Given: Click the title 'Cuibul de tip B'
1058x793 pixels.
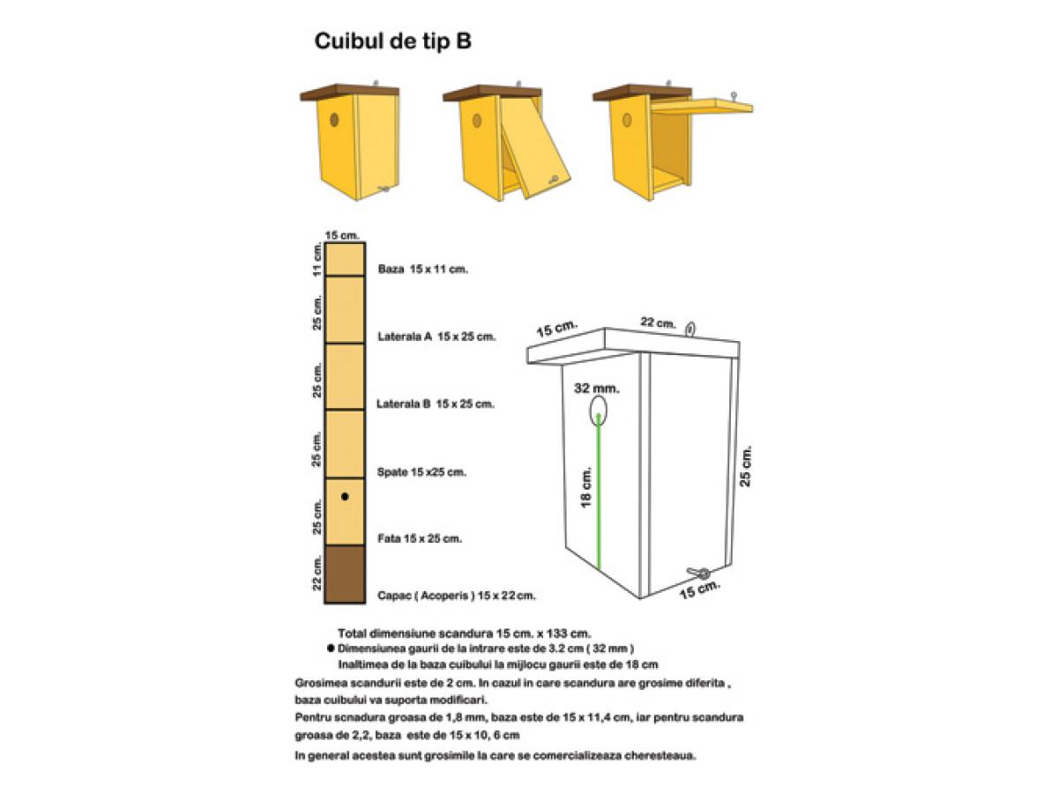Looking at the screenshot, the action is click(x=392, y=41).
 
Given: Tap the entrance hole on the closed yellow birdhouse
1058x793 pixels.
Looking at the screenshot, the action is click(x=333, y=120).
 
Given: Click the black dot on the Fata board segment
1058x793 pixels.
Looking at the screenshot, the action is click(x=344, y=496).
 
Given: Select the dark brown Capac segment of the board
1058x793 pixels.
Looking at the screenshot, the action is click(x=344, y=574).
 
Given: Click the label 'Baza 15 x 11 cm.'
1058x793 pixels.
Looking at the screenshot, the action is click(x=422, y=269).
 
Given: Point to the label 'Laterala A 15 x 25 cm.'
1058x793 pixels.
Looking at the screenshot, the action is click(x=436, y=337).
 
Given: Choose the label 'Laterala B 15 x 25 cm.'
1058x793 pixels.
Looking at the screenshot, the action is click(x=436, y=404).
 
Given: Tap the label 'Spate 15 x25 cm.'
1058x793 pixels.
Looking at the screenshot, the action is click(x=421, y=472).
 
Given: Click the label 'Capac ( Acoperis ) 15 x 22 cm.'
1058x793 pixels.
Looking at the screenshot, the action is click(x=456, y=596).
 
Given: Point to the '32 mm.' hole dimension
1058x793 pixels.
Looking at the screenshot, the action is click(x=597, y=388).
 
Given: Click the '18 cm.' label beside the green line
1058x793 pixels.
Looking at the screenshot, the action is click(x=585, y=487).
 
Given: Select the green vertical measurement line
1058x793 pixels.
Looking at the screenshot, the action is click(x=599, y=491).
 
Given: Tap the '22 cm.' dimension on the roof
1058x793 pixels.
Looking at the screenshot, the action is click(x=658, y=322).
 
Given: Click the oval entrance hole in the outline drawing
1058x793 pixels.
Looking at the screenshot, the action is click(x=598, y=411).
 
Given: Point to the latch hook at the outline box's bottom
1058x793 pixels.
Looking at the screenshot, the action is click(x=699, y=573).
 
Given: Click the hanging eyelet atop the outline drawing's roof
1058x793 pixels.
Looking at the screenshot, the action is click(x=690, y=330).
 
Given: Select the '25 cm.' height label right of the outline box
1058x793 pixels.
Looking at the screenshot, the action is click(x=745, y=466).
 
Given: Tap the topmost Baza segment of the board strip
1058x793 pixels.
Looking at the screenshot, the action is click(x=344, y=260).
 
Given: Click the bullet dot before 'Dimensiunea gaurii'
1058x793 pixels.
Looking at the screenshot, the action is click(x=331, y=648).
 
